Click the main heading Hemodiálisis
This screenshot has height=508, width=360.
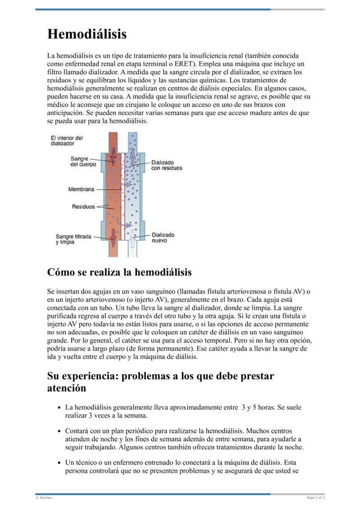pyautogui.click(x=87, y=34)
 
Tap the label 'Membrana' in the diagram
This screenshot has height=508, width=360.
pyautogui.click(x=81, y=189)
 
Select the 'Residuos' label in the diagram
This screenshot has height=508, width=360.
pyautogui.click(x=84, y=207)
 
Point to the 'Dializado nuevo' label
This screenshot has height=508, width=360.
pyautogui.click(x=163, y=237)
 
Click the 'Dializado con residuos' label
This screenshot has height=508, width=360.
pyautogui.click(x=166, y=165)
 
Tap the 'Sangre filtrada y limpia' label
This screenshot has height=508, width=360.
pyautogui.click(x=74, y=239)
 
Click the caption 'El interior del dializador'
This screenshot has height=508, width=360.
pyautogui.click(x=67, y=141)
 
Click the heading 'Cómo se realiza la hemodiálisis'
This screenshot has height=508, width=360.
pyautogui.click(x=119, y=272)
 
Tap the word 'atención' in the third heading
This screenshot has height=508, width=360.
pyautogui.click(x=67, y=388)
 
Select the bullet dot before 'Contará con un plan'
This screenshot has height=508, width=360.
pyautogui.click(x=60, y=431)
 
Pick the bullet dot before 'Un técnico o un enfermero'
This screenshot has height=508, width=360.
pyautogui.click(x=60, y=463)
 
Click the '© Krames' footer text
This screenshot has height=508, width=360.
pyautogui.click(x=44, y=497)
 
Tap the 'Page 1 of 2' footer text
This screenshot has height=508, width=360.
pyautogui.click(x=315, y=497)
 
